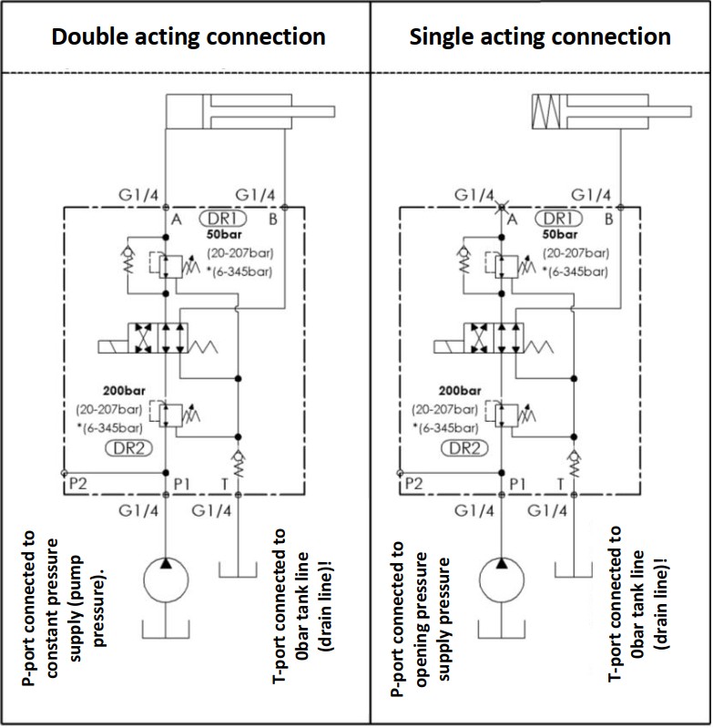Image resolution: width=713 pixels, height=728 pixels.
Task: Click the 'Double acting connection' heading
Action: click(x=188, y=37)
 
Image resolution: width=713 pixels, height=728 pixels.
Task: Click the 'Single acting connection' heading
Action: click(x=540, y=37)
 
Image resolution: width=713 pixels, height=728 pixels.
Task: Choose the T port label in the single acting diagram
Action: click(x=560, y=484)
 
